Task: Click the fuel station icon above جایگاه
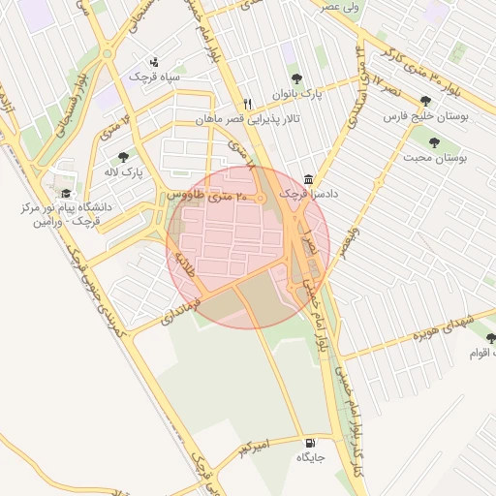(309, 441)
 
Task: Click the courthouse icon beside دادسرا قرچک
(308, 179)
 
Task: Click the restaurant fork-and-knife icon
(248, 104)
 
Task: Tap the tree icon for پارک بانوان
(296, 79)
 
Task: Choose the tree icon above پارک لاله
(123, 156)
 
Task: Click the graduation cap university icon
(66, 193)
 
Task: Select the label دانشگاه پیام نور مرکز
(66, 208)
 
